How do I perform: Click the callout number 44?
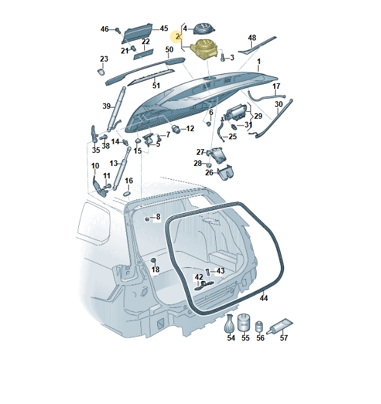pos(264,298)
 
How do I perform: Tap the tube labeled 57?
pos(280,324)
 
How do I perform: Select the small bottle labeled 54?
pos(230,323)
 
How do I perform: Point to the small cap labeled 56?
pos(260,326)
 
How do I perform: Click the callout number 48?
pos(252,38)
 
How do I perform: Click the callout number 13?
pos(113,163)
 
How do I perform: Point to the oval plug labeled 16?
pos(127,193)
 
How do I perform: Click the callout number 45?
pos(164,29)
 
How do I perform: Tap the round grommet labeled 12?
pos(176,129)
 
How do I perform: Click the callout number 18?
pos(155,270)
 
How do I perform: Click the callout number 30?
pos(278,104)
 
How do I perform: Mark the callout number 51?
pos(156,85)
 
